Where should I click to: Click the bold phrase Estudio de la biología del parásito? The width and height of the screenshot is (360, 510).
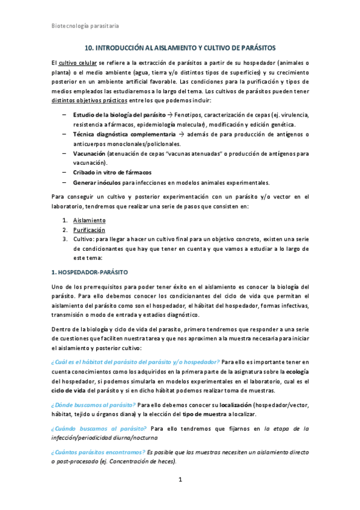pyautogui.click(x=115, y=114)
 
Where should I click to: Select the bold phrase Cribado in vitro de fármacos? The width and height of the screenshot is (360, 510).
pyautogui.click(x=108, y=173)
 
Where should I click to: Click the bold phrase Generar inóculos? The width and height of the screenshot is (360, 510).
pyautogui.click(x=97, y=182)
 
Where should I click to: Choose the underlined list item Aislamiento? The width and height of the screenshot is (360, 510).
pyautogui.click(x=88, y=220)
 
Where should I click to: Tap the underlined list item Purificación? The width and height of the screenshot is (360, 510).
pyautogui.click(x=88, y=230)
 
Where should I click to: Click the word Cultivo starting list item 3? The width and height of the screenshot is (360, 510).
pyautogui.click(x=84, y=239)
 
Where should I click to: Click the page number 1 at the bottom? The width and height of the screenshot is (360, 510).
pyautogui.click(x=180, y=479)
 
